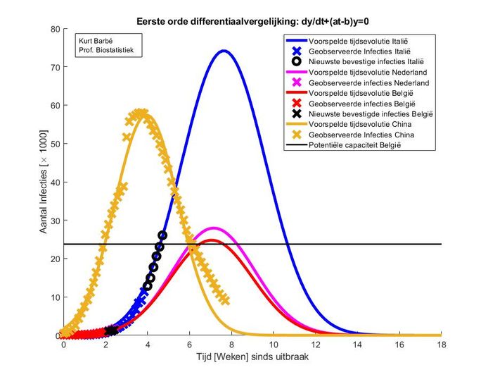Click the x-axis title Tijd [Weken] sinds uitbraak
click(x=252, y=357)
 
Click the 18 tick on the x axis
click(x=442, y=345)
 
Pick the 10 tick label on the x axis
click(x=274, y=345)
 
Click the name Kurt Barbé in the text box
click(x=97, y=40)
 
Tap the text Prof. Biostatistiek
click(x=106, y=50)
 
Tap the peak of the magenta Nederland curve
click(x=214, y=228)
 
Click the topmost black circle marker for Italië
click(x=162, y=235)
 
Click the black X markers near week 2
click(x=110, y=330)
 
